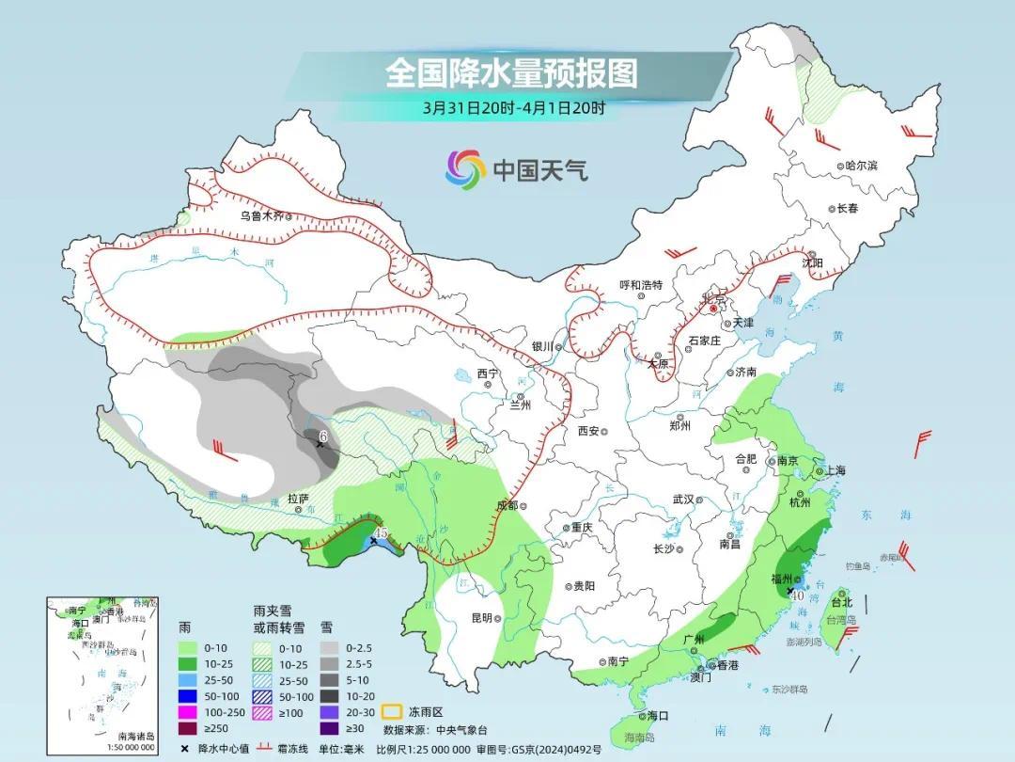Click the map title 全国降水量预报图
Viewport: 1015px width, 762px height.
click(x=511, y=72)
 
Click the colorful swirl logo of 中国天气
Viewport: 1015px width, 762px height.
click(x=465, y=169)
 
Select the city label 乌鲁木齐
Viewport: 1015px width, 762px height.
click(x=260, y=215)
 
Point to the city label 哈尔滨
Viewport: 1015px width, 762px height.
click(x=860, y=166)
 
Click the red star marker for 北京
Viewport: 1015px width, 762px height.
click(x=713, y=308)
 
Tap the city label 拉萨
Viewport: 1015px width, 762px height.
click(x=298, y=500)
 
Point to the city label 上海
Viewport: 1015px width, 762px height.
click(x=835, y=471)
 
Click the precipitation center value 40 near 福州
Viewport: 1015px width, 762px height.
click(x=796, y=595)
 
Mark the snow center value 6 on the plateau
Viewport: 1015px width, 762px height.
click(x=322, y=437)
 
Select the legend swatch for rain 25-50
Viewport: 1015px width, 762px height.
click(x=188, y=679)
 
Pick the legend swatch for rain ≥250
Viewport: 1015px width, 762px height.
click(x=188, y=728)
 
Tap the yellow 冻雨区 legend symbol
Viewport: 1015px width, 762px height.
click(x=392, y=712)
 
